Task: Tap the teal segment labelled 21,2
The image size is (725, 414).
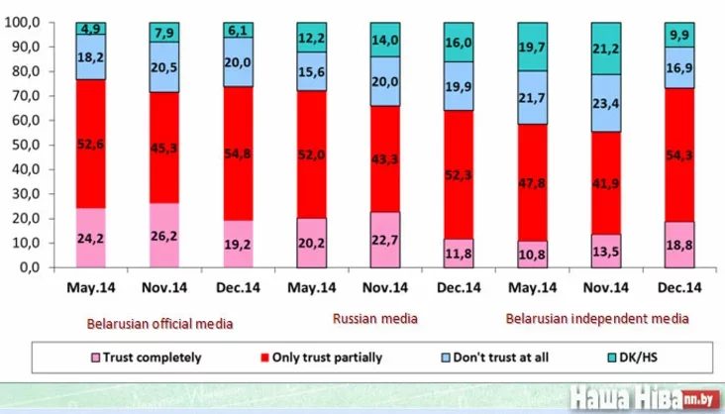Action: (606, 49)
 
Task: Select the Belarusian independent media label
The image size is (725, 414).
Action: (596, 318)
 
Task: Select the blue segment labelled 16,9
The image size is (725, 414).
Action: (679, 67)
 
